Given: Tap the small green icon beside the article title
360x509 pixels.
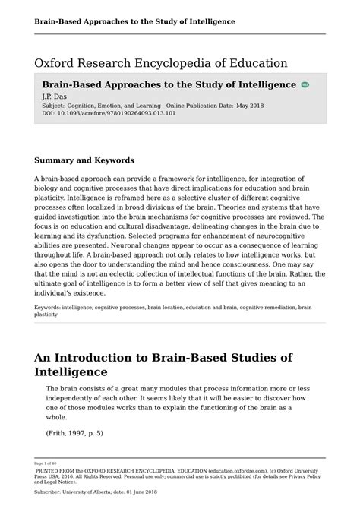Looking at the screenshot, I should (305, 85).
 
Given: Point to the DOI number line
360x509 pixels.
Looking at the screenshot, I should (108, 114).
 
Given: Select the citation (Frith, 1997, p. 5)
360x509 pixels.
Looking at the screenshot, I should (74, 433).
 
